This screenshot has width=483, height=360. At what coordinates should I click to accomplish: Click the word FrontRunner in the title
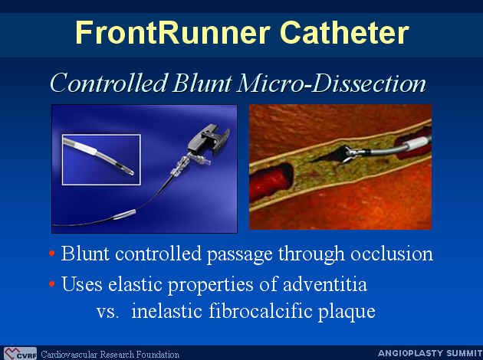[173, 33]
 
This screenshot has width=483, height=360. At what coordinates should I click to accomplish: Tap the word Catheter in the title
[344, 33]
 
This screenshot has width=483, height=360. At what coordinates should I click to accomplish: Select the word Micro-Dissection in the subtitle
[331, 83]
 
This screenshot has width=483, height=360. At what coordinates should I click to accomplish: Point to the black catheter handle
[209, 139]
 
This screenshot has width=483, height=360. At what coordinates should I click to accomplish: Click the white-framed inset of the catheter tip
[101, 159]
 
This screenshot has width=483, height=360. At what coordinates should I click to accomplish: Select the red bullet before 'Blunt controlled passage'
[52, 254]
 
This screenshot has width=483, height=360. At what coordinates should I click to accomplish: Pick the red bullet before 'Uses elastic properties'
[52, 283]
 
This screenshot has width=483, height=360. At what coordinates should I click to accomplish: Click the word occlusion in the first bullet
[392, 254]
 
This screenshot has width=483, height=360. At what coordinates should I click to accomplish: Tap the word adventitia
[324, 284]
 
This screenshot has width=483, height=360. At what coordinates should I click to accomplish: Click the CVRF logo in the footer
[20, 354]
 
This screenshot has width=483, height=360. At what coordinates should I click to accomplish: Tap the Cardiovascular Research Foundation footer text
[110, 355]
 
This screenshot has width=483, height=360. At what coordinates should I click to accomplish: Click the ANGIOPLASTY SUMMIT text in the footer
[430, 353]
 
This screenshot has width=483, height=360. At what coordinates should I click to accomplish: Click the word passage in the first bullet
[240, 255]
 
